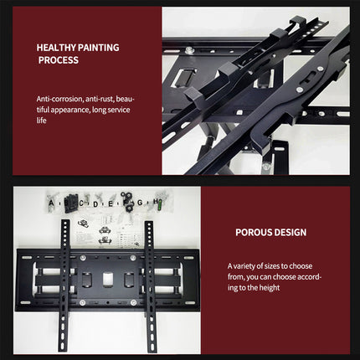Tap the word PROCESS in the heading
pos(58,60)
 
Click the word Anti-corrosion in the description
pos(61,98)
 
